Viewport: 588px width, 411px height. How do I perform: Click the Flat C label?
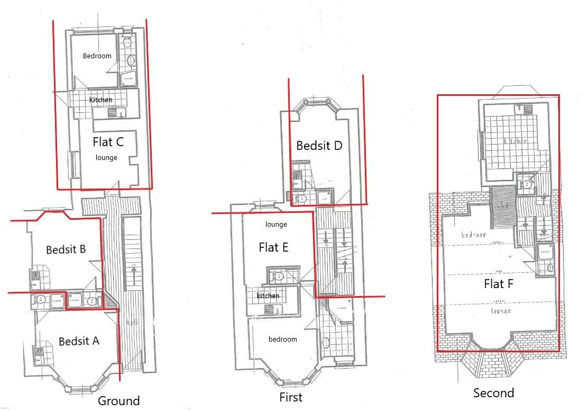point(108,142)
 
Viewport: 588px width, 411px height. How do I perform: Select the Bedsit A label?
point(79,341)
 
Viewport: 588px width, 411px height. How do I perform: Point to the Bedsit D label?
point(319,145)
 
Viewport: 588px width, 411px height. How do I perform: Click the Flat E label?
point(273,247)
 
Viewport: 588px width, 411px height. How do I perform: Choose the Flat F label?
point(499,284)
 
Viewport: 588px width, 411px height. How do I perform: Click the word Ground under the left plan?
point(119,401)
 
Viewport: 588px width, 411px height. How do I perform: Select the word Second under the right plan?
point(493,393)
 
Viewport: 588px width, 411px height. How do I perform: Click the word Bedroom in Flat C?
point(97,56)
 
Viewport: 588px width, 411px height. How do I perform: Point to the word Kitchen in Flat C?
point(100,100)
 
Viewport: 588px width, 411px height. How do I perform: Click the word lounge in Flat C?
point(106,157)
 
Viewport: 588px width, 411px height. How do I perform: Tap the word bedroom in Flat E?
point(283,339)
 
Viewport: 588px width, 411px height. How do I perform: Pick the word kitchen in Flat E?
point(268,296)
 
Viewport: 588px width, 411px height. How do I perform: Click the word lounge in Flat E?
point(276,225)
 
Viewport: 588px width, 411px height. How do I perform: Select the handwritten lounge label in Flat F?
point(500,311)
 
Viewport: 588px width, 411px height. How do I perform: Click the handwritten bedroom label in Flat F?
point(473,234)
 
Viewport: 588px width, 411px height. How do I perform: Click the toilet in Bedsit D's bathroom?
point(301,199)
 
